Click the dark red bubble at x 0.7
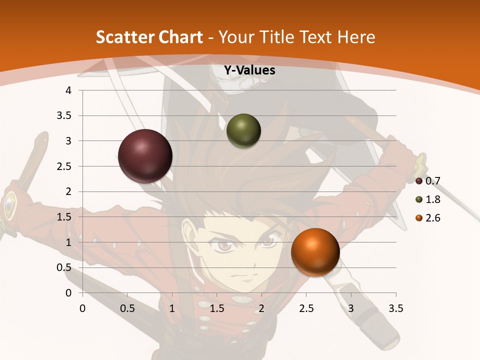click(145, 156)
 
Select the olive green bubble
click(244, 131)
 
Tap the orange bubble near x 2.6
click(315, 252)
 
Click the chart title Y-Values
click(249, 70)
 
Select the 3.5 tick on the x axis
click(395, 308)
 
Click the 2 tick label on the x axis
click(261, 308)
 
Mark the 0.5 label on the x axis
click(127, 308)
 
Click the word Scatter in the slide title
click(125, 37)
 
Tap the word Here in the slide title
click(356, 37)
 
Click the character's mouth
click(240, 276)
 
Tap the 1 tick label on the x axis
click(172, 308)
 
